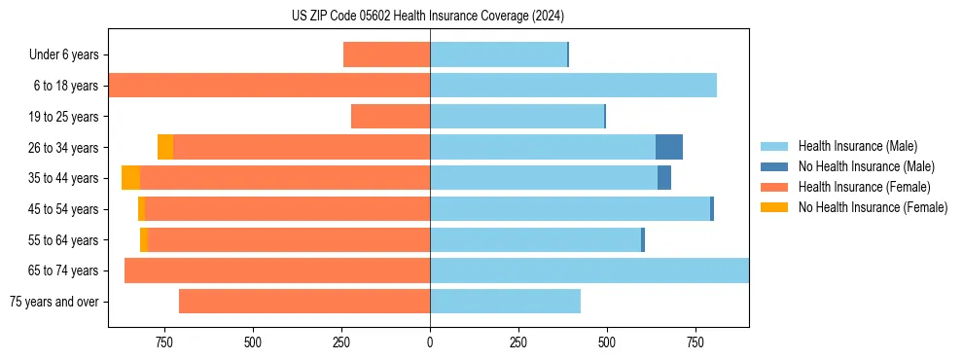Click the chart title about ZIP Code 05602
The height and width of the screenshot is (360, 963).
[427, 17]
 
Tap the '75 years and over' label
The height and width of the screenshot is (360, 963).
[54, 302]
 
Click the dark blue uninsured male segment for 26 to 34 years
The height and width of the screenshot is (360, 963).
[669, 147]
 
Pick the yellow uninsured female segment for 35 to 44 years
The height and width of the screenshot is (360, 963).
[130, 178]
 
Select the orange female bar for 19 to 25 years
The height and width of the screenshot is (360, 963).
[390, 117]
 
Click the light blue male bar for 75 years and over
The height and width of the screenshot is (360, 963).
[505, 302]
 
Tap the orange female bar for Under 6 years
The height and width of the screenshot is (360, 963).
[386, 55]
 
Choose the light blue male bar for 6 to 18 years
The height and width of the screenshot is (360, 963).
[573, 86]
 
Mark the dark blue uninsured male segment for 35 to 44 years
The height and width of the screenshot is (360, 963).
[664, 178]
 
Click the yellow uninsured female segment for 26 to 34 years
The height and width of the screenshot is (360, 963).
[165, 147]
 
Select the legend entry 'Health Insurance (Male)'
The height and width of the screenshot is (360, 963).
[857, 146]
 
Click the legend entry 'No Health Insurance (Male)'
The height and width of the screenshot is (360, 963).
[866, 166]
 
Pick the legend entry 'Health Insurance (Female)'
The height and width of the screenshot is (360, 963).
[864, 187]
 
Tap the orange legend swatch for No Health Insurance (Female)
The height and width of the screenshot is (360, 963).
[774, 207]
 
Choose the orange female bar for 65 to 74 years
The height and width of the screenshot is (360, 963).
[277, 270]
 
